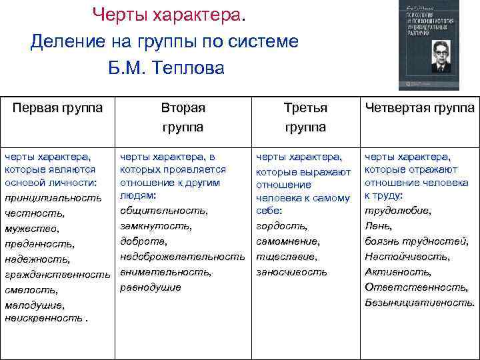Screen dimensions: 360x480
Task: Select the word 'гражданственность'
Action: click(57, 275)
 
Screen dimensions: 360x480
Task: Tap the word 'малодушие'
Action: click(35, 305)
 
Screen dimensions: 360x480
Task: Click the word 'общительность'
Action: click(163, 211)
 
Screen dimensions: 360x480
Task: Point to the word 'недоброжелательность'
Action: click(183, 257)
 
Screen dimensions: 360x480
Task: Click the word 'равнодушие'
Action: click(151, 287)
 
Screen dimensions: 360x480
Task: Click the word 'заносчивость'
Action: click(292, 272)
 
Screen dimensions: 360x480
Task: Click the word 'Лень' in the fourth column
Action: click(377, 226)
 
